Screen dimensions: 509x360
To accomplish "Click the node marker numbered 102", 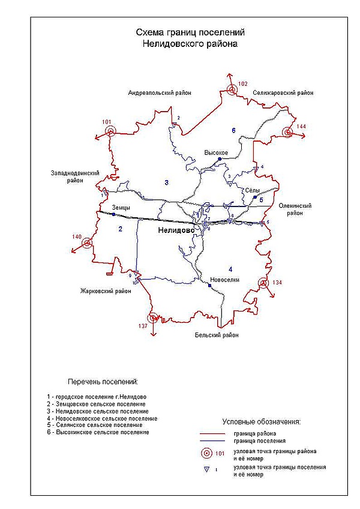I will point(232,91).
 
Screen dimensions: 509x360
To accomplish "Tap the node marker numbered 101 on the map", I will point(109,131).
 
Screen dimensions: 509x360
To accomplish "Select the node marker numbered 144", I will point(288,132).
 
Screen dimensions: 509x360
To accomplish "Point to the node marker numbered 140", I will point(88,243).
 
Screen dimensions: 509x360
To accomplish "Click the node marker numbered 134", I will point(263,283).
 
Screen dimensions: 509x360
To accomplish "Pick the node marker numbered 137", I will point(154,318).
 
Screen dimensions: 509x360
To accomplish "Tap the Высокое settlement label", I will point(216,152).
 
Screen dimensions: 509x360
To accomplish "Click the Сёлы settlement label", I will point(252,190).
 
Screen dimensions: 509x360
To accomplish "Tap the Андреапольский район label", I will point(159,93).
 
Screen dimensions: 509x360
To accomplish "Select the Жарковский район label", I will point(106,292).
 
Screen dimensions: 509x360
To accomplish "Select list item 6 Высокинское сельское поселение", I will point(97,432).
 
